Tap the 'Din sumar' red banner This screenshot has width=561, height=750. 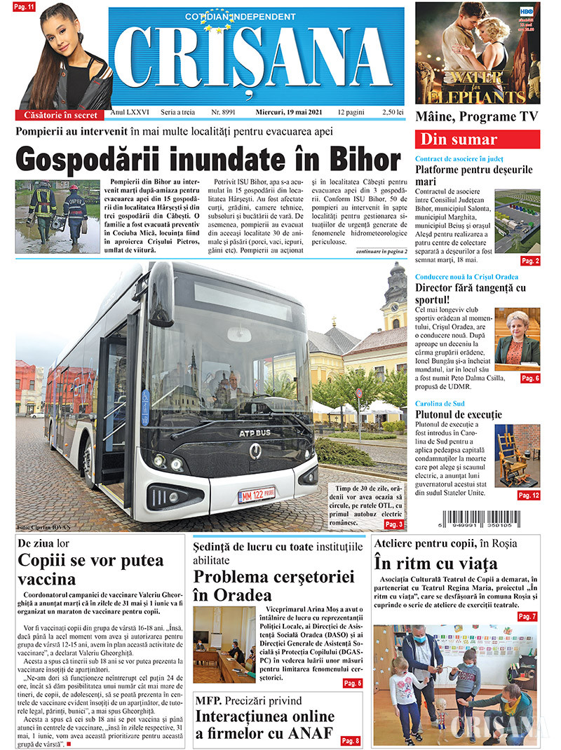478,139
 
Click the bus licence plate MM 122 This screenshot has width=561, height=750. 256,496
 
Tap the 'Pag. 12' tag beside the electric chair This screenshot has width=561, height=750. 529,496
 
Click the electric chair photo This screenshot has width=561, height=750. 518,456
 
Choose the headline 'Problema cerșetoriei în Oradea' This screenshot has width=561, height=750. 255,586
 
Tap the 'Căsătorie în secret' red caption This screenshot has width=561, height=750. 60,114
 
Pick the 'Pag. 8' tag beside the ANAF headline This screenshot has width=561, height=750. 350,741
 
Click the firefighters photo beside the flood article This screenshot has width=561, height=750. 58,216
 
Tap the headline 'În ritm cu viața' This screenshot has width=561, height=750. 435,563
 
